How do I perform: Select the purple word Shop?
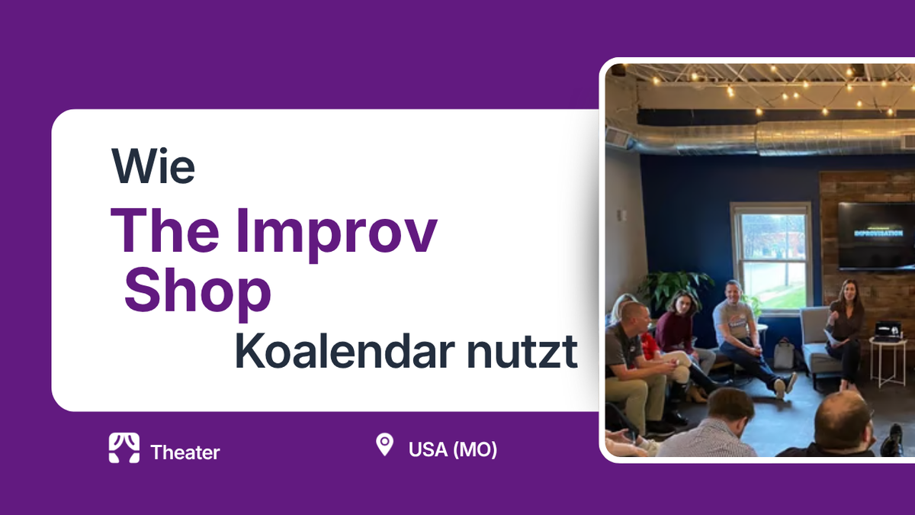[197, 292]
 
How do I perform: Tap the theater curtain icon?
[124, 449]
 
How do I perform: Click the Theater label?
[185, 452]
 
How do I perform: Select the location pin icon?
[384, 444]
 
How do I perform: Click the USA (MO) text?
[453, 449]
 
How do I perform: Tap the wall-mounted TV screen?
[875, 234]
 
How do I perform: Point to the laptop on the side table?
[887, 330]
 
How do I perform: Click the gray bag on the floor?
[783, 354]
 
